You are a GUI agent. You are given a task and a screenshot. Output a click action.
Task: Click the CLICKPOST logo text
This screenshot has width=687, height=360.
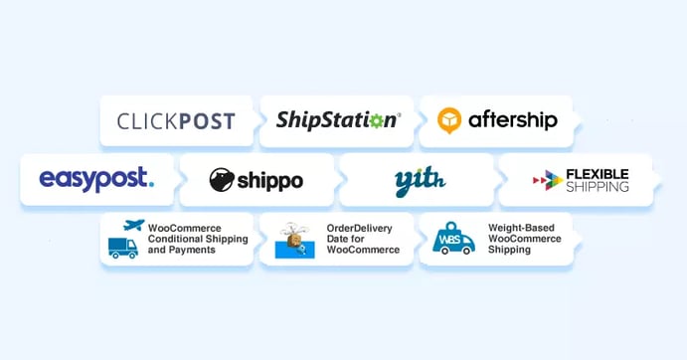point(176,122)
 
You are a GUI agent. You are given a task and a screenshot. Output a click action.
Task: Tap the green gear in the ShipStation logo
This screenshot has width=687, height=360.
point(376,121)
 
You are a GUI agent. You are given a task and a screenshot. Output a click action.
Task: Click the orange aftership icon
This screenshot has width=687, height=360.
point(451,121)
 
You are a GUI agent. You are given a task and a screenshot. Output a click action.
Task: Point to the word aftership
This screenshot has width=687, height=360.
point(513,121)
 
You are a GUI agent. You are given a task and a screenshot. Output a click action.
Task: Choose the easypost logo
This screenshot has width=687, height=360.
point(96,179)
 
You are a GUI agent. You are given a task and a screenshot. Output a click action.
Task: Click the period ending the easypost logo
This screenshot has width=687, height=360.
point(151,184)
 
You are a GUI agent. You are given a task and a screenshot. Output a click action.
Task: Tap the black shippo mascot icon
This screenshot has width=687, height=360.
point(222,180)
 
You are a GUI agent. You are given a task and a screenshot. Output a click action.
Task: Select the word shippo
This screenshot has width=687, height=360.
point(269,181)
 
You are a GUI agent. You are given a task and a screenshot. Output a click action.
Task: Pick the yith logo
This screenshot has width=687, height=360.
point(418,180)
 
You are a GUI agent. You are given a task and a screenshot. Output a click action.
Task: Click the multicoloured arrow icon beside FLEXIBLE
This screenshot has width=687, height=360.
point(547,180)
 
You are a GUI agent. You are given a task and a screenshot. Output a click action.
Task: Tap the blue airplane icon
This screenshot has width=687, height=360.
point(132,227)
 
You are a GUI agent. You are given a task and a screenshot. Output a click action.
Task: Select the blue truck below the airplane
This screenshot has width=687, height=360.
point(123,247)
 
